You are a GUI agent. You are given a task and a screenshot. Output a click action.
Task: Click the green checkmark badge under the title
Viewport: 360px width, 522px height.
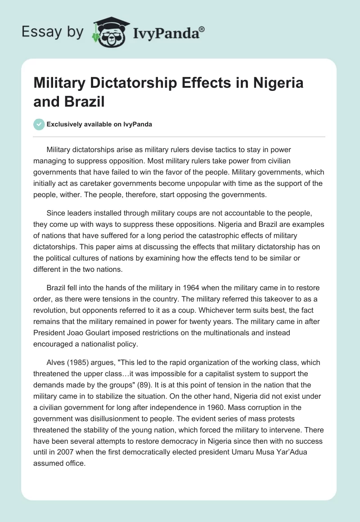(x=39, y=124)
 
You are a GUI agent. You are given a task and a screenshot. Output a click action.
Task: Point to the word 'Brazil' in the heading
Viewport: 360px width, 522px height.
(x=85, y=101)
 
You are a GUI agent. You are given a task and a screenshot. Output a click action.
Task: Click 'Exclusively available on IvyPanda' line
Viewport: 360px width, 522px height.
(x=99, y=124)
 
